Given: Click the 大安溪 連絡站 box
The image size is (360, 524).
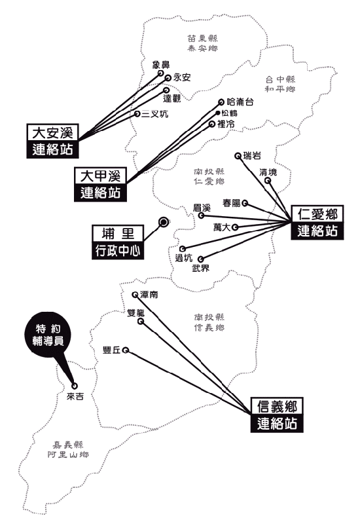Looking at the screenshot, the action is [53, 141].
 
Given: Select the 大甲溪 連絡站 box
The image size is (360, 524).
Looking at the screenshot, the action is [101, 184].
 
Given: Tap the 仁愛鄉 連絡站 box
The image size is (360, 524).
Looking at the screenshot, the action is [317, 223].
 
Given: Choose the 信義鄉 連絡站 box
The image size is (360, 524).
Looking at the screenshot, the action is [277, 415].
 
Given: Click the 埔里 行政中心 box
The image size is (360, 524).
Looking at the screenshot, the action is [118, 242].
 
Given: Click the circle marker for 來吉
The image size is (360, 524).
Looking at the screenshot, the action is [75, 386].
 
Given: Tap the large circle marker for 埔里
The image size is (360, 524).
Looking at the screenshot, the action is [163, 221].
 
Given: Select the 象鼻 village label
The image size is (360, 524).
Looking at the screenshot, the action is [161, 65].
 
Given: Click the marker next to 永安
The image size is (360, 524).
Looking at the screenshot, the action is [168, 78].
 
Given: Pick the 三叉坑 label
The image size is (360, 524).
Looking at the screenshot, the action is [154, 114].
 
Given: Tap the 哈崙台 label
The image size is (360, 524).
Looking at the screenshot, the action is [240, 102].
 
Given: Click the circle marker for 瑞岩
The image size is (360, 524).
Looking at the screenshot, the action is [238, 156].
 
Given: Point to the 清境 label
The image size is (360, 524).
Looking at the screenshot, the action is [268, 172].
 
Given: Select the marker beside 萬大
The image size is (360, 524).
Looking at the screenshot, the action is [235, 227].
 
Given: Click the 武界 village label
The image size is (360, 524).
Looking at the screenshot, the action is [201, 268].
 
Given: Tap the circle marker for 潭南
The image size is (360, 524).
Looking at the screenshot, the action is [135, 294].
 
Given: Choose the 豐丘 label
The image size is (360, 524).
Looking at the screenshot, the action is [111, 350].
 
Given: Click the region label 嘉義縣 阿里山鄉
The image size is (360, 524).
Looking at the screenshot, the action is [68, 449].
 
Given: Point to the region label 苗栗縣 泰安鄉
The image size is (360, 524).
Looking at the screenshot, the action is [203, 43].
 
